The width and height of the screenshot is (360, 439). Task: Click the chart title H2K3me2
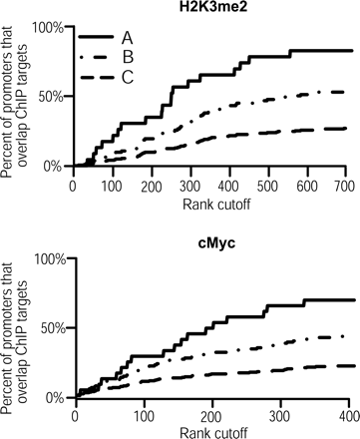coord(213,8)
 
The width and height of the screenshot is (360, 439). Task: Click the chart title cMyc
coord(214,240)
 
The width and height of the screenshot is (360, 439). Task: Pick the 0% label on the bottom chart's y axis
coord(55,398)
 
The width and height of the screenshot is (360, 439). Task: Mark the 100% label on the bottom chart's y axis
coord(48,259)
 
